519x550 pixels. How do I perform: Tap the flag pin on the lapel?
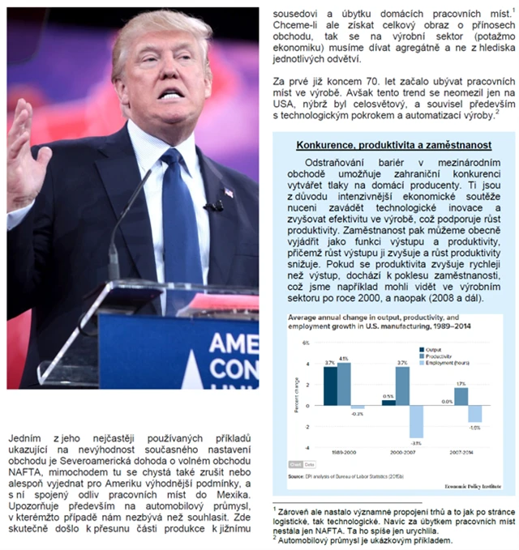tap(229, 193)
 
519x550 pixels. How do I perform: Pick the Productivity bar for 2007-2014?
tap(461, 395)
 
